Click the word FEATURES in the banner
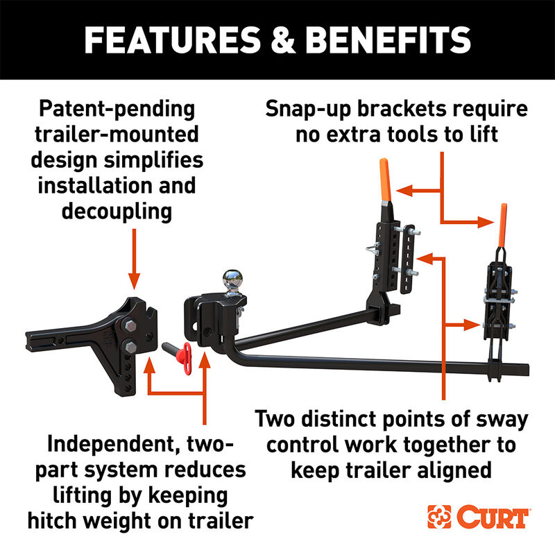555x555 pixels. click(167, 40)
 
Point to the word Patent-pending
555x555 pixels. click(117, 110)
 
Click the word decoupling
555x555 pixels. click(117, 211)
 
